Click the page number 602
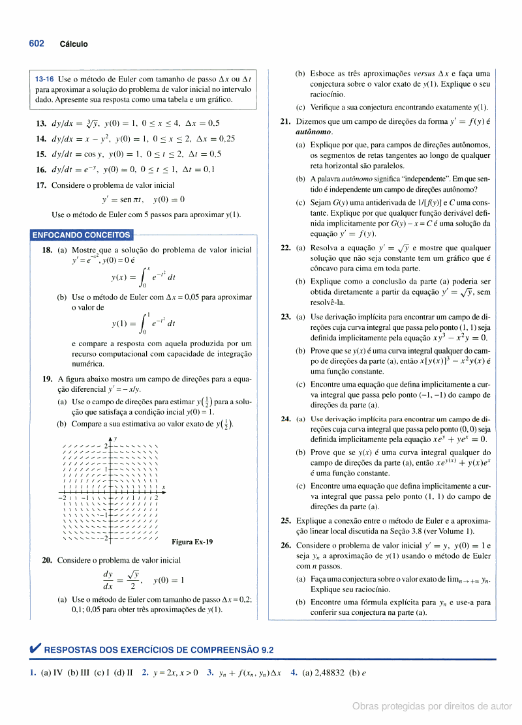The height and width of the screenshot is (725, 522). coord(37,44)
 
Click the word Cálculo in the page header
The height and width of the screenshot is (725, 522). coord(74,44)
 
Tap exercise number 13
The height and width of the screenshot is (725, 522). coord(41,123)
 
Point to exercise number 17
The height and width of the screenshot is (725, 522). coord(41,185)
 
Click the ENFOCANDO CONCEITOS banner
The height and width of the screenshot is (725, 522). coord(82,235)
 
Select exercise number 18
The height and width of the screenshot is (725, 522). coord(47,250)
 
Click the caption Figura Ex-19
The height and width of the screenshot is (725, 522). coord(192,542)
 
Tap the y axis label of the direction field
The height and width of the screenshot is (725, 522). coord(115,439)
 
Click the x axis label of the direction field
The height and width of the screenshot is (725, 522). coord(164,487)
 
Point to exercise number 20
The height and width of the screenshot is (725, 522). coord(47,560)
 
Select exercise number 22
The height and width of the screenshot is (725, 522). coord(286,248)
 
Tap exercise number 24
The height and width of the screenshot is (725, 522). coord(286,419)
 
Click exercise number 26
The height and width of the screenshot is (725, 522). coord(286,545)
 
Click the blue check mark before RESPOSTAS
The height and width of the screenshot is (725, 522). coord(36,649)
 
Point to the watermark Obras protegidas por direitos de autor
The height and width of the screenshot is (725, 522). coord(432,706)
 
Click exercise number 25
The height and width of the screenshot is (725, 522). coord(286,521)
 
